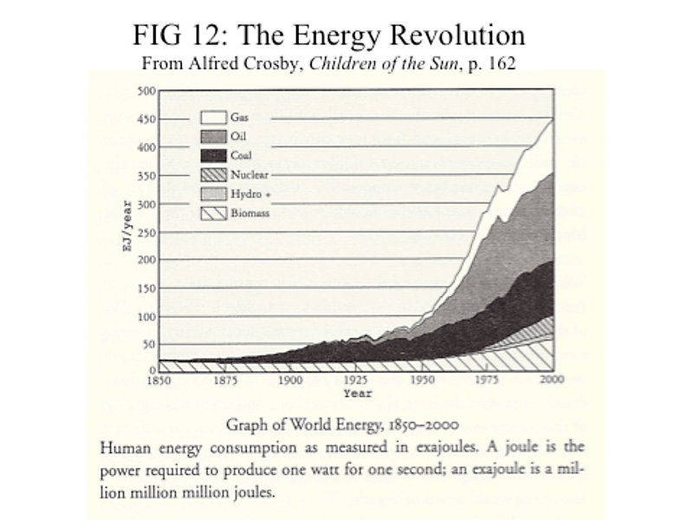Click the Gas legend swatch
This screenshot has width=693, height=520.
click(214, 117)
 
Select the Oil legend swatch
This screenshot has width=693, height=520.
click(214, 136)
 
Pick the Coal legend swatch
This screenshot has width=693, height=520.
click(214, 155)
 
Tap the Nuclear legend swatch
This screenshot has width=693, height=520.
click(214, 174)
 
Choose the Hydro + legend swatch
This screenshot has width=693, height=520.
click(214, 193)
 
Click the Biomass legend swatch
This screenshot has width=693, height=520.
click(214, 212)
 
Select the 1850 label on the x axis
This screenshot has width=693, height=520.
click(158, 380)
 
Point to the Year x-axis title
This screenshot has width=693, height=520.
click(357, 393)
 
